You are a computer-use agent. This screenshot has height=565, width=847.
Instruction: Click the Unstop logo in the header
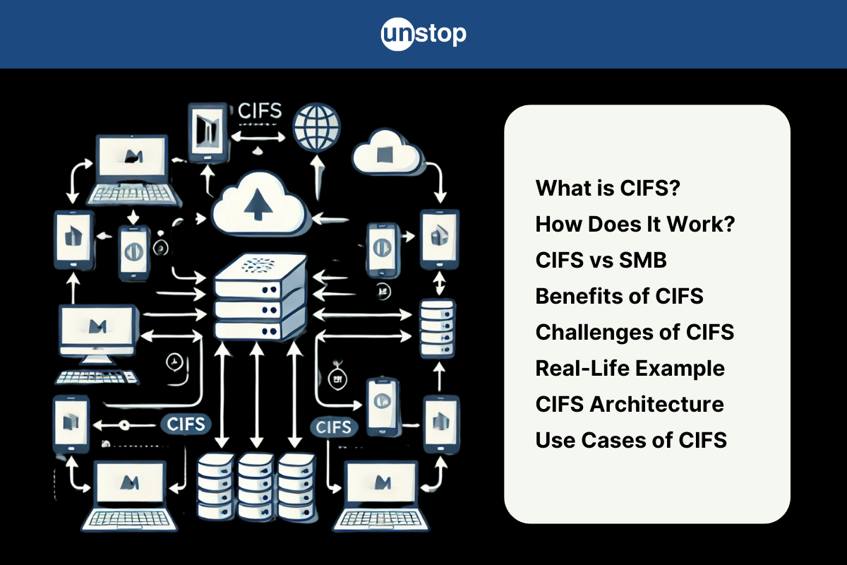(x=423, y=34)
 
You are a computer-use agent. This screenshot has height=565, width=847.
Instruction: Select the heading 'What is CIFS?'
(x=608, y=188)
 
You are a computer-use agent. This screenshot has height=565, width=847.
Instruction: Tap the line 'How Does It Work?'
(x=635, y=224)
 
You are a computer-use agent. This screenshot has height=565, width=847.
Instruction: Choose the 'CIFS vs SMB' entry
(x=601, y=260)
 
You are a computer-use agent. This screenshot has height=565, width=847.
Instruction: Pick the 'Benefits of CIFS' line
(x=620, y=296)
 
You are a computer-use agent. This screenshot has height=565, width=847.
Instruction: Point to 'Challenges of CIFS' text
(x=635, y=332)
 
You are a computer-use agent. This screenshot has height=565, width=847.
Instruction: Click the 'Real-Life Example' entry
(x=630, y=368)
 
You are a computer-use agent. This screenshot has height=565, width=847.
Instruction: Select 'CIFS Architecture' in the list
(x=630, y=404)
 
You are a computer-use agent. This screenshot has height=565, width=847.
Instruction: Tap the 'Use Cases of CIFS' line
(x=632, y=440)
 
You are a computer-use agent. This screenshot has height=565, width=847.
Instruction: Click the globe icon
(x=317, y=128)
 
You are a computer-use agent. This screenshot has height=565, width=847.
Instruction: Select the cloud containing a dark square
(x=387, y=152)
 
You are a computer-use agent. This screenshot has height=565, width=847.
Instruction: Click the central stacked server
(x=260, y=297)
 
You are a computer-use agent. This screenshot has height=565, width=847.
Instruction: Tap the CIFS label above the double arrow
(x=260, y=111)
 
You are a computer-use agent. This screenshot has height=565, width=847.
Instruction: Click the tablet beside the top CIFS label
(x=208, y=133)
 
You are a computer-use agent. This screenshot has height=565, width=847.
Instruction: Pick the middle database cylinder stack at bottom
(x=256, y=487)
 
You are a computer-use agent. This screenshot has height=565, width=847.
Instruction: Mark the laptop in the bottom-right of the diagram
(x=381, y=496)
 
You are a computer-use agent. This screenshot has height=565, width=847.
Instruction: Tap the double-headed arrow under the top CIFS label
(x=258, y=137)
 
